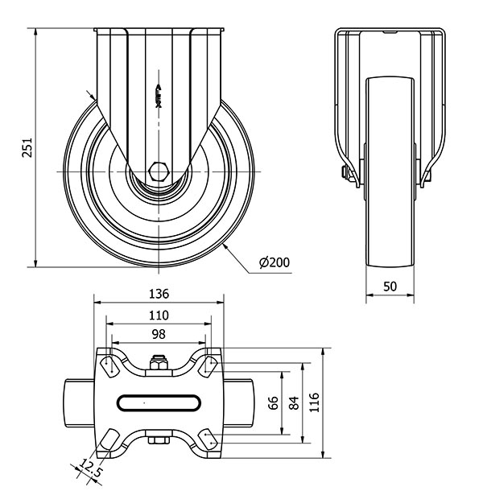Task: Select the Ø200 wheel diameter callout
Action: (x=275, y=262)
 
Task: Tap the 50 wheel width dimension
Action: (x=390, y=287)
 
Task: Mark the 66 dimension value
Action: (x=273, y=402)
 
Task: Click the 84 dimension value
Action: (x=294, y=402)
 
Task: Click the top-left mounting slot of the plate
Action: (x=107, y=365)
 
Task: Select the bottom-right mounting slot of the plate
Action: (x=208, y=439)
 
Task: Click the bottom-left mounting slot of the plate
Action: (x=107, y=439)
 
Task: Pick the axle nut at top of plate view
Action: (x=159, y=365)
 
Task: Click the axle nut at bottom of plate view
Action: (x=159, y=439)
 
